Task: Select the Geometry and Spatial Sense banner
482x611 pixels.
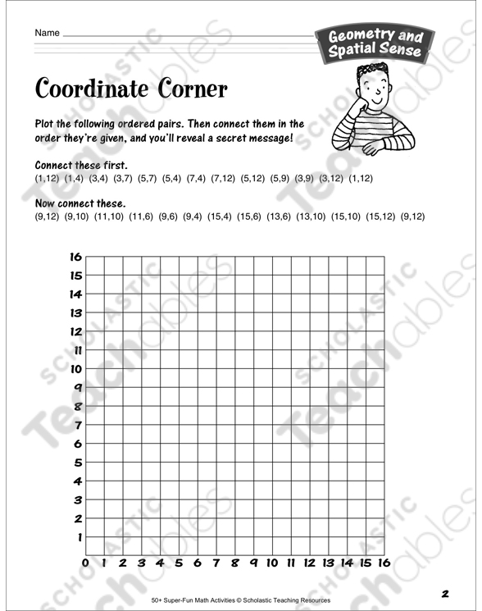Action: click(x=375, y=43)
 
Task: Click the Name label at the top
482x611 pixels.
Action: click(x=48, y=33)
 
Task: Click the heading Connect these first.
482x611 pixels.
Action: click(x=81, y=165)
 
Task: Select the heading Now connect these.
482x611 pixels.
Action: click(x=80, y=203)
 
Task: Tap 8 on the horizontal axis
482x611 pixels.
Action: click(x=234, y=563)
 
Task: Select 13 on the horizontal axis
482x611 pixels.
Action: click(x=328, y=563)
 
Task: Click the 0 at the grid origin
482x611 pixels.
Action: click(x=85, y=563)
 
